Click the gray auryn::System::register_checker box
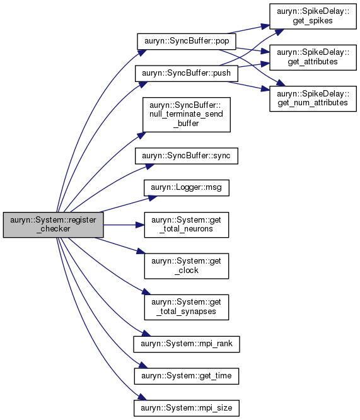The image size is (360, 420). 53,225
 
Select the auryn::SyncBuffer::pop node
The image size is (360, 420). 187,41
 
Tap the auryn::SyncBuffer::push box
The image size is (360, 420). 187,73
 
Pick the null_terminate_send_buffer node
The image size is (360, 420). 187,115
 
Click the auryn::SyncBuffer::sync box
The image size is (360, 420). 187,156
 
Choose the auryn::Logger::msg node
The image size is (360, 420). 187,188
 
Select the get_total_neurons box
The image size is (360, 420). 187,225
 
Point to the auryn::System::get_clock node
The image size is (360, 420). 187,266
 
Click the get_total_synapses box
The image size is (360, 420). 187,307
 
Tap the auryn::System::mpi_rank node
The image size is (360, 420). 187,344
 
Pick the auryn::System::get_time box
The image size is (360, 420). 187,376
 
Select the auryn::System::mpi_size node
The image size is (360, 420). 187,408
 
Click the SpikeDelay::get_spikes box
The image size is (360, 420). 313,16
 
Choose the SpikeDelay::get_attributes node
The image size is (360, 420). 313,57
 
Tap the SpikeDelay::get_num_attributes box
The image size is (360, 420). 313,98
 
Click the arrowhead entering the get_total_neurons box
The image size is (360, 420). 140,225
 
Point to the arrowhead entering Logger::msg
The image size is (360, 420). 153,198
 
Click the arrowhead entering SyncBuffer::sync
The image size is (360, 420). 150,166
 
